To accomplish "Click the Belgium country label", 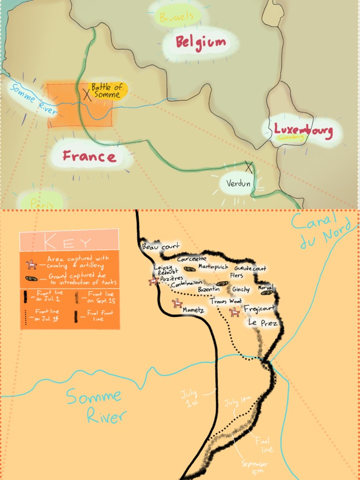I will click(201, 43).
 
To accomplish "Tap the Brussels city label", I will click(176, 17).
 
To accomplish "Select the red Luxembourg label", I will click(303, 130).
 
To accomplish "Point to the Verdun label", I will click(238, 183).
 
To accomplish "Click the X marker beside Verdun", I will click(248, 165).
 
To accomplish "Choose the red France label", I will click(89, 156).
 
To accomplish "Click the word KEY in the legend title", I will click(68, 242).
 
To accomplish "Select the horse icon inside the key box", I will click(31, 265).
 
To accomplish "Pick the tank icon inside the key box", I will click(31, 278).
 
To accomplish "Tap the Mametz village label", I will click(194, 310).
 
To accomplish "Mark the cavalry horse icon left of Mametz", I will click(177, 304).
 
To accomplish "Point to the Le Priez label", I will click(262, 323).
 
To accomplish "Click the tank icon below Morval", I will click(267, 292).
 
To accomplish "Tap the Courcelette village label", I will click(192, 259).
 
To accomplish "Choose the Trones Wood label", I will click(225, 301).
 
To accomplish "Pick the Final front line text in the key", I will click(100, 315).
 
